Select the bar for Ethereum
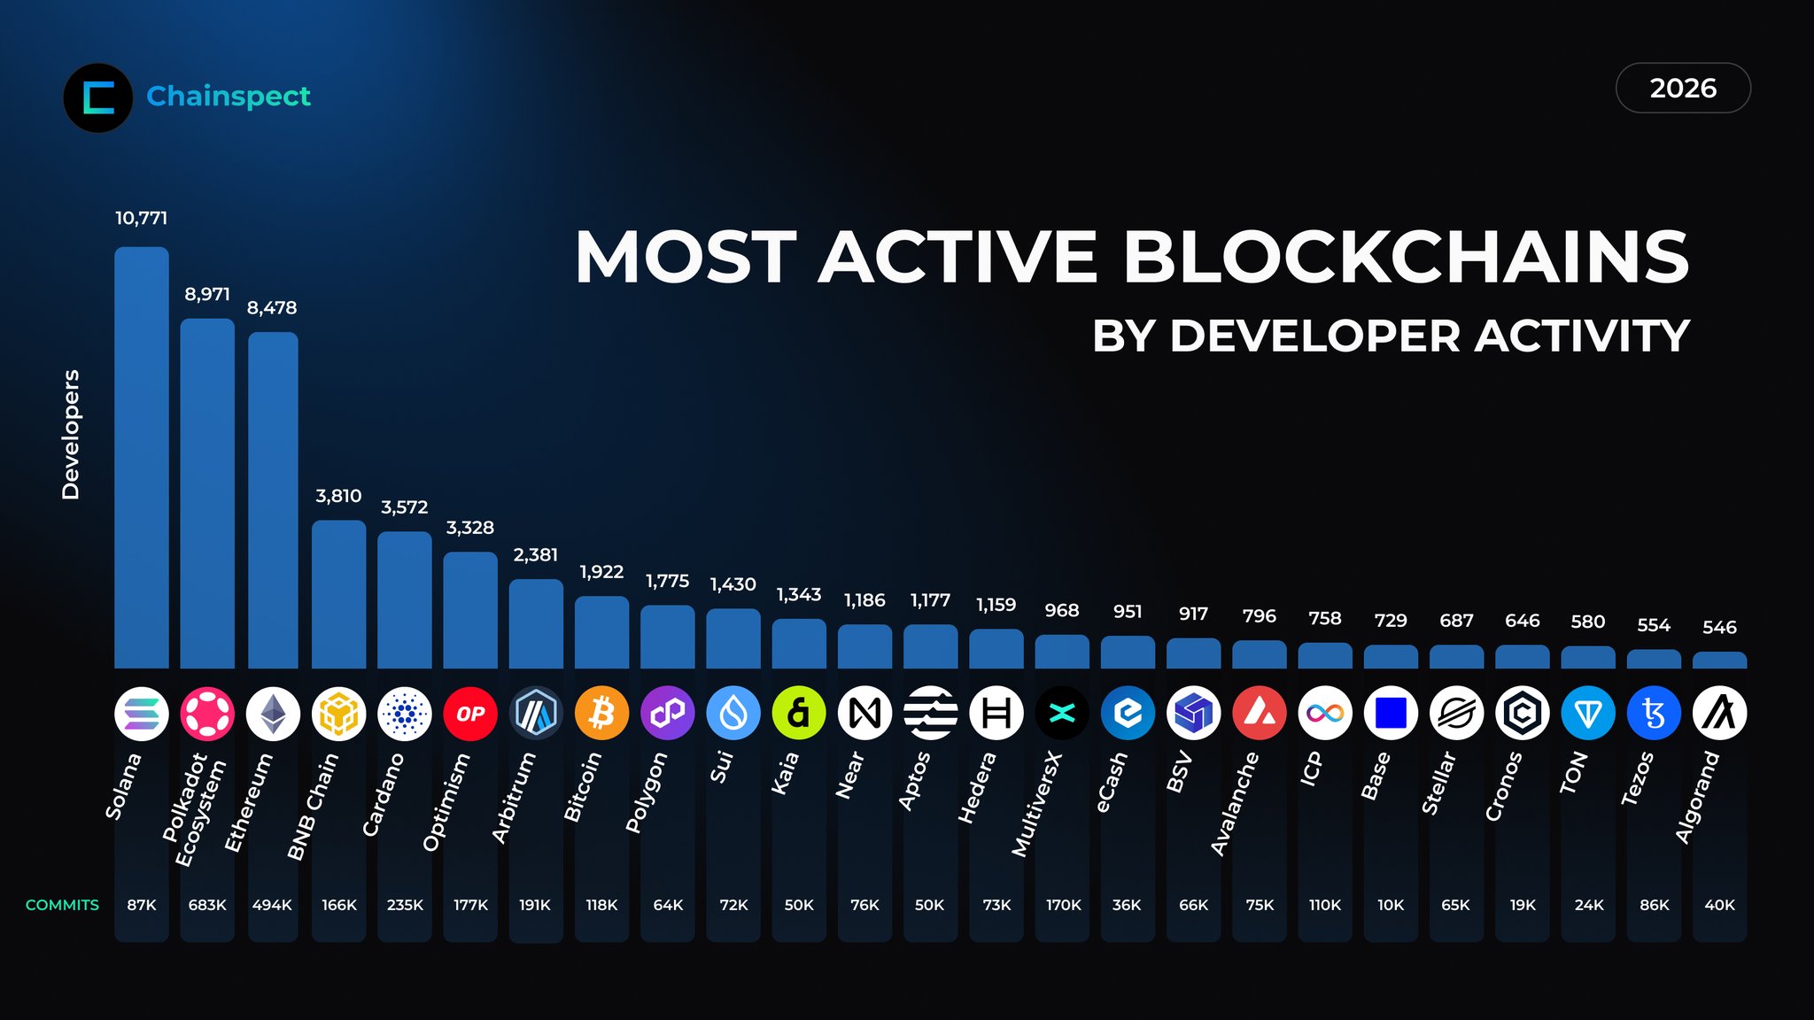click(273, 500)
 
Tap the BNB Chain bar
click(338, 594)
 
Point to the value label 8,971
click(207, 294)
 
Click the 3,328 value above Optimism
click(470, 528)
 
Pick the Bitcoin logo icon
click(601, 713)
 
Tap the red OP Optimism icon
click(470, 713)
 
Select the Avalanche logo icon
click(1260, 713)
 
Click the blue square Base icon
click(1391, 713)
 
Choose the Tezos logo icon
click(1654, 713)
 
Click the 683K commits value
click(207, 905)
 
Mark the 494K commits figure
click(272, 905)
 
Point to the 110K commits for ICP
click(1325, 905)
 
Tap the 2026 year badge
click(1683, 89)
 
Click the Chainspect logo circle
click(98, 97)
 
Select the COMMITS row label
click(62, 905)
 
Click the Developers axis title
click(71, 434)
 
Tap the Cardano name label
click(384, 794)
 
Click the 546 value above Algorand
click(1719, 628)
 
